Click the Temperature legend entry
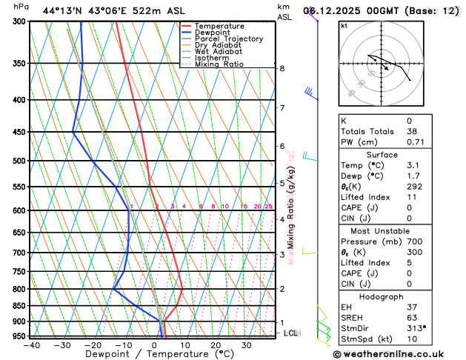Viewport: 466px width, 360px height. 221,26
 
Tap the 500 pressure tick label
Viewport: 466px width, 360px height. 20,161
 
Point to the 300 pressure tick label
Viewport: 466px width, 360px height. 20,21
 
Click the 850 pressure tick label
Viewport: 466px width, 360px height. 20,306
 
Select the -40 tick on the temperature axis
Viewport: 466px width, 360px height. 31,345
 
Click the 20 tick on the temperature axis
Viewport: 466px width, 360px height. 216,345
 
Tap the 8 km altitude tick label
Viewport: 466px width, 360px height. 282,69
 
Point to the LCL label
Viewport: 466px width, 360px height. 291,333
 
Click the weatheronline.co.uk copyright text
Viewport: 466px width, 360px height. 398,354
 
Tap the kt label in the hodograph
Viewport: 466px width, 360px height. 344,25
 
